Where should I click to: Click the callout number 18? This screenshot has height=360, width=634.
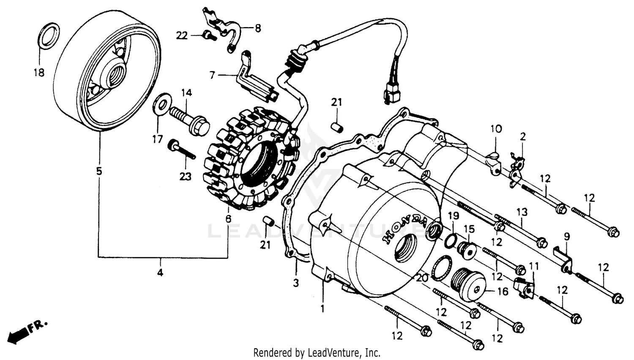39,73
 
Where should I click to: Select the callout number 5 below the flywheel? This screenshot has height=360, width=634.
99,171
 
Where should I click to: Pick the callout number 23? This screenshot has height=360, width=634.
186,176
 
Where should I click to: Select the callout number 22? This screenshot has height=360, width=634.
182,36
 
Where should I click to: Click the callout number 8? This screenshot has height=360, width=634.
257,28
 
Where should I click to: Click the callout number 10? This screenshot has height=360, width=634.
496,128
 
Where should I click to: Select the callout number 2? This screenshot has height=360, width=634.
523,136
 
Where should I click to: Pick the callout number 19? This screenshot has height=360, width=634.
453,216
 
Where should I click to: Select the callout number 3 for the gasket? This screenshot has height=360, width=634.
296,282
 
